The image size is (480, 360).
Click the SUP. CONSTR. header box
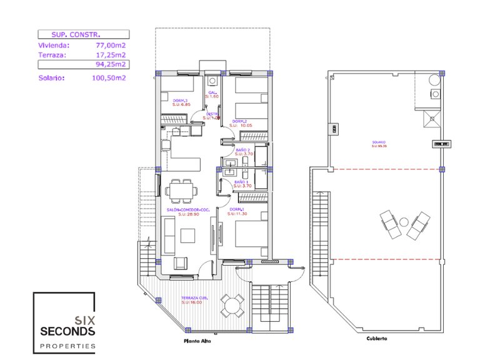coord(82,34)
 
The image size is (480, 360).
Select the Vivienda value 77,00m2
coord(111,46)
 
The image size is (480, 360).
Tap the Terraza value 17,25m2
coord(111,55)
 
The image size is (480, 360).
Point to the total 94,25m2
coord(111,64)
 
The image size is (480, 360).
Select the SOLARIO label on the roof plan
coord(377,143)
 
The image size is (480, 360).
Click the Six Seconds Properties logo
coord(64,322)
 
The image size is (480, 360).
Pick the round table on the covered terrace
coord(232,305)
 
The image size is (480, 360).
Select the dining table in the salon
coord(182,190)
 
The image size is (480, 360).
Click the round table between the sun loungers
coord(404,221)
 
